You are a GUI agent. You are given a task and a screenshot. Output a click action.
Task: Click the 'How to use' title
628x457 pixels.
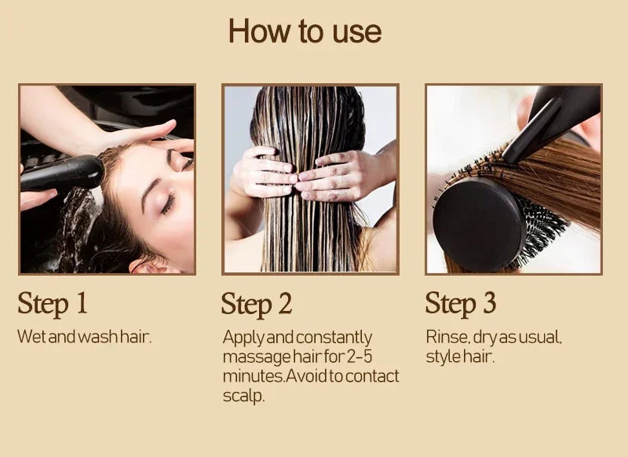[305, 31]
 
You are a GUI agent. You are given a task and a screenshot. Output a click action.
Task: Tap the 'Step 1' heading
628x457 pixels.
[53, 303]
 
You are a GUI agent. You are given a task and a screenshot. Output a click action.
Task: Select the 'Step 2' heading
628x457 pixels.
[256, 305]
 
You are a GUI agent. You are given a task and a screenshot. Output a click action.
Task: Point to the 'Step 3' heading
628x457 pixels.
[461, 303]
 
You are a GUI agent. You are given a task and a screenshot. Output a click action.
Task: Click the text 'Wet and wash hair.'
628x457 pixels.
[84, 337]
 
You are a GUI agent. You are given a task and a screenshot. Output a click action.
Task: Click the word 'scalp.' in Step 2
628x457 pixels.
[243, 395]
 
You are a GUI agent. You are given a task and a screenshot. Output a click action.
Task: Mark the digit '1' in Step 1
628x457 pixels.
[80, 303]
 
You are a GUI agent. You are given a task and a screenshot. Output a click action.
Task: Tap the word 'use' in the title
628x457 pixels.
[357, 32]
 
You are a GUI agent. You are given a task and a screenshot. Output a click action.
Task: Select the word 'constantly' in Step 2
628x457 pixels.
[336, 338]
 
